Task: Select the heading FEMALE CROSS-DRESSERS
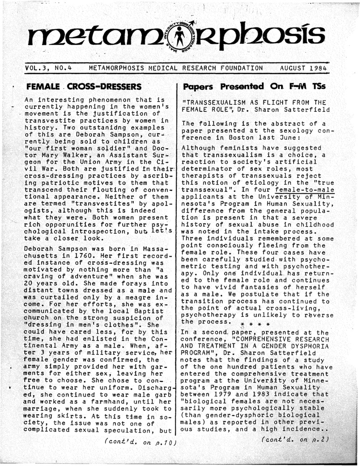84,87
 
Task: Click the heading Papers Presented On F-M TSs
254,87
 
